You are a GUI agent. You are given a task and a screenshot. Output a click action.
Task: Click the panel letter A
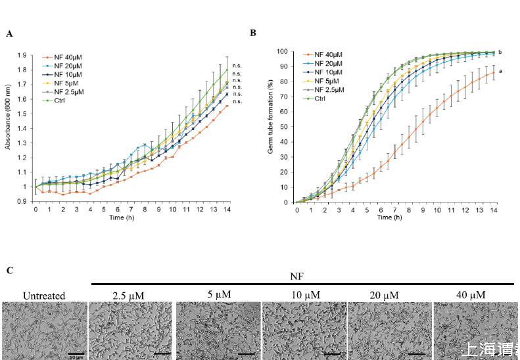pyautogui.click(x=9, y=34)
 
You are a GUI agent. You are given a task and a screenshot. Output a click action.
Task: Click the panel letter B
pyautogui.click(x=253, y=32)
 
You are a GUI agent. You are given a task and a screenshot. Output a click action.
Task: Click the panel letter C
pyautogui.click(x=9, y=270)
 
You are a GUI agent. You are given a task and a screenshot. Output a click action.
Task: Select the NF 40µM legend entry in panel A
pyautogui.click(x=66, y=58)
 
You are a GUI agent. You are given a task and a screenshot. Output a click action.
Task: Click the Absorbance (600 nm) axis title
pyautogui.click(x=9, y=125)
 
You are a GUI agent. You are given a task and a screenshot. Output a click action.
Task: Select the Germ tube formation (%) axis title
pyautogui.click(x=270, y=125)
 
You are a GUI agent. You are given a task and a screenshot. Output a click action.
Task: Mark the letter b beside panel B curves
pyautogui.click(x=500, y=52)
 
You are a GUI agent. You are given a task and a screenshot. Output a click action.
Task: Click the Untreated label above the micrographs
pyautogui.click(x=43, y=296)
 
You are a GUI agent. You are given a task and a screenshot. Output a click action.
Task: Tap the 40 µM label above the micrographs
pyautogui.click(x=472, y=294)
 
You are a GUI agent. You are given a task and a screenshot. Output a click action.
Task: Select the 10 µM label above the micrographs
pyautogui.click(x=305, y=294)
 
